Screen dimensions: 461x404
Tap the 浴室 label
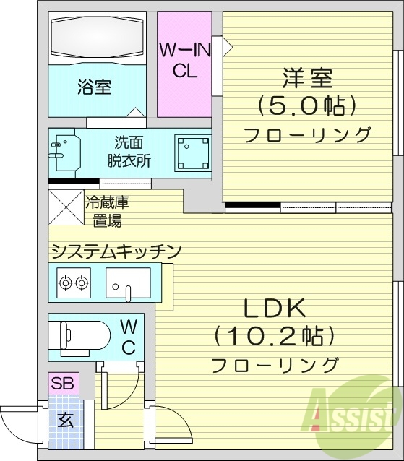(94, 87)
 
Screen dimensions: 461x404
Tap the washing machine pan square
(192, 151)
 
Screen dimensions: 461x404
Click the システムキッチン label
(115, 251)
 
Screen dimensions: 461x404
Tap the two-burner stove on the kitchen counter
(73, 282)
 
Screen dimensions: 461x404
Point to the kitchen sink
(128, 282)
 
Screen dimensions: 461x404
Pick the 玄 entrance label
(65, 420)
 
